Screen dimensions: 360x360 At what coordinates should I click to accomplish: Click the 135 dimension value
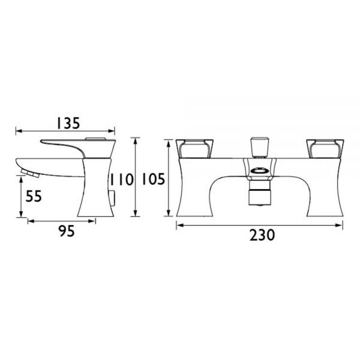coord(68,122)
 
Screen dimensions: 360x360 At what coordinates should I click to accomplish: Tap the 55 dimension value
coord(34,196)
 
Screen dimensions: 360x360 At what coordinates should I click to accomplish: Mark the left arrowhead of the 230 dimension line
coord(178,225)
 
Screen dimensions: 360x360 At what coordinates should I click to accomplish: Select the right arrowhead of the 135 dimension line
coord(112,130)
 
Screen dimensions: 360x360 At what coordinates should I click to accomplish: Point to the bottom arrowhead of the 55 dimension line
coord(22,215)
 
